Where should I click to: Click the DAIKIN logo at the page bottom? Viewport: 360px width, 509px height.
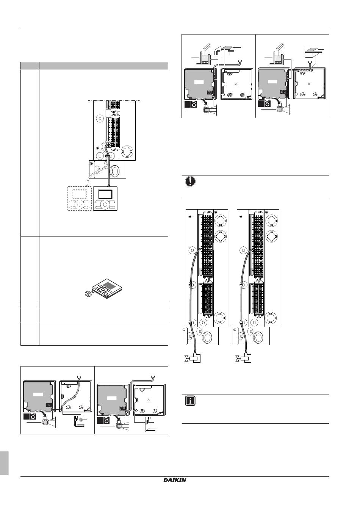pos(175,480)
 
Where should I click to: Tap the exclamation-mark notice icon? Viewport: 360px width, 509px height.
pos(190,181)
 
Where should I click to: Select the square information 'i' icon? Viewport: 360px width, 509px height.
pos(190,401)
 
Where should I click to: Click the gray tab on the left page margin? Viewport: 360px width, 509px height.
pos(4,463)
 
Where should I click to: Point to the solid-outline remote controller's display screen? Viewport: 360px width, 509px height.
pos(106,194)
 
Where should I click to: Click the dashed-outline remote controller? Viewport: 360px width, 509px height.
pos(80,199)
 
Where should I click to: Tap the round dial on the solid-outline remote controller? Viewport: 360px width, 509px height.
pos(106,205)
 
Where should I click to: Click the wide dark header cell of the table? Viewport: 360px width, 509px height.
pos(103,66)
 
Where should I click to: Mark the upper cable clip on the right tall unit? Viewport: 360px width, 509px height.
pos(241,284)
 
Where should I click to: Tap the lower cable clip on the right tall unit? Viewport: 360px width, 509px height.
pos(241,322)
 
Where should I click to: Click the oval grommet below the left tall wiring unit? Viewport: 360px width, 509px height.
pos(208,337)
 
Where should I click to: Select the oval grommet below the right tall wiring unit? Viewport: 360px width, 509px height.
pos(259,337)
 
